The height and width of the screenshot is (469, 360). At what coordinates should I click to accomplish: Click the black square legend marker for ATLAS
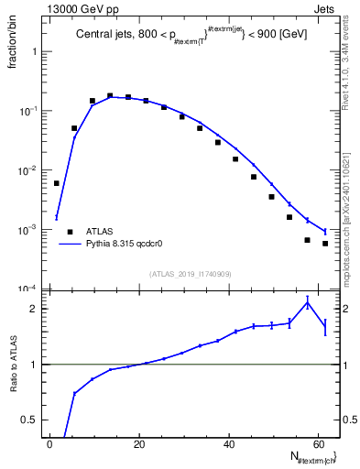point(70,232)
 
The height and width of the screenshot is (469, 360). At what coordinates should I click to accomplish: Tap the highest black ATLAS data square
point(110,95)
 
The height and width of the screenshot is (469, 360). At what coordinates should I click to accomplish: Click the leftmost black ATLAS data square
point(57,183)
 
